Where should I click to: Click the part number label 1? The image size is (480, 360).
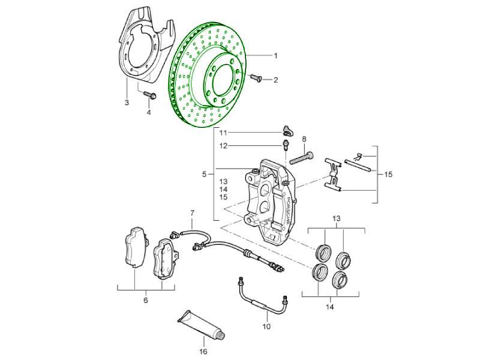[276, 56]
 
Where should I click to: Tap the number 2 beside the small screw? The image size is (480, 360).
[276, 79]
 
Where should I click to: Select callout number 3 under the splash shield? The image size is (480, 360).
[127, 103]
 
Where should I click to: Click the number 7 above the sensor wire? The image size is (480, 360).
[193, 214]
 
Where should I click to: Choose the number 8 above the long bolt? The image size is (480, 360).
[304, 139]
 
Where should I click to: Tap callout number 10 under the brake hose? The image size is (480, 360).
[266, 326]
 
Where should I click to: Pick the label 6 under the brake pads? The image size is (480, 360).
[145, 300]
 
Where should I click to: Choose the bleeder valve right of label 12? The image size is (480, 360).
[286, 145]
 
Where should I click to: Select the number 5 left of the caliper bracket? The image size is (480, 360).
[204, 174]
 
